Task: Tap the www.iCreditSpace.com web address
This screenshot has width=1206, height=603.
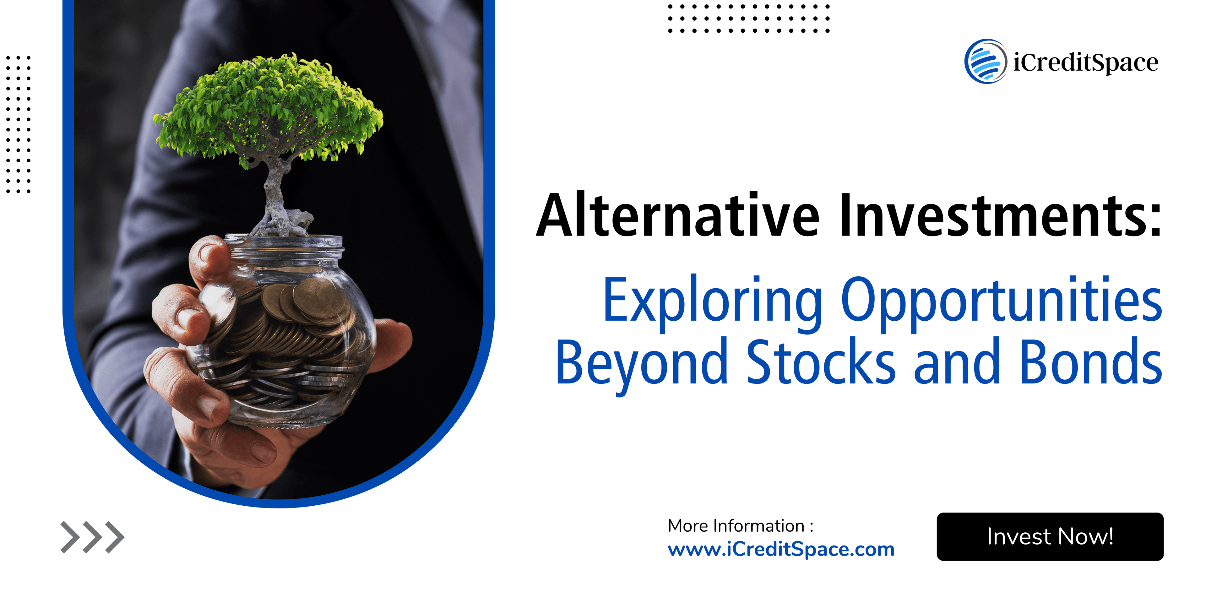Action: tap(781, 549)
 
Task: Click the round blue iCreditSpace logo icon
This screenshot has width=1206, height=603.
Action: tap(986, 61)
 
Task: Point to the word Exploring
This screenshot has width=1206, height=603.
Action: tap(712, 301)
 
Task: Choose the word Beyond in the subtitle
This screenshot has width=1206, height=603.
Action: tap(641, 363)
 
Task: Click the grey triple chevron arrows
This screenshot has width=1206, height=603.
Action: tap(92, 537)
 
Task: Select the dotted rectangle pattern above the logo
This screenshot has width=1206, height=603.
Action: tap(748, 19)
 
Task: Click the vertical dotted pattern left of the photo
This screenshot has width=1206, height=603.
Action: tap(18, 124)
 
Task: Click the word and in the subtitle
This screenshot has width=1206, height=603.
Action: tap(957, 363)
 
